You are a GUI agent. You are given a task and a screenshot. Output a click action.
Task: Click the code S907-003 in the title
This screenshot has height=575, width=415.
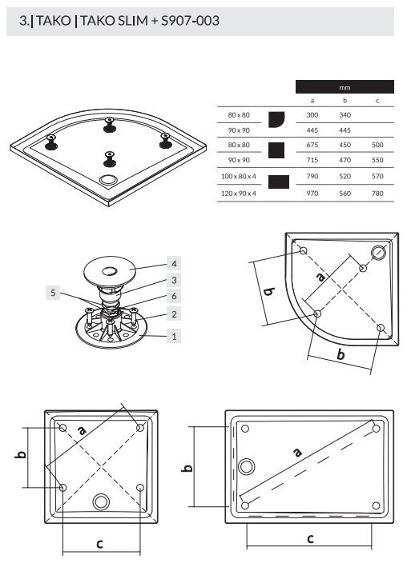click(x=190, y=21)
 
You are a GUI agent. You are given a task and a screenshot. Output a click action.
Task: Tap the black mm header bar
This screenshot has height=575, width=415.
click(x=344, y=87)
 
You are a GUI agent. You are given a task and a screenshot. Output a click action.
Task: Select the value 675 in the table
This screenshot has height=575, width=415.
click(x=312, y=145)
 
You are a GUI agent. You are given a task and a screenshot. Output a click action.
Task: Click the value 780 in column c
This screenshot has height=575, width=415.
click(x=377, y=194)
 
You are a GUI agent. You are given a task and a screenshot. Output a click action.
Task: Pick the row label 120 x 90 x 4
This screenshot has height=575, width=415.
click(x=239, y=194)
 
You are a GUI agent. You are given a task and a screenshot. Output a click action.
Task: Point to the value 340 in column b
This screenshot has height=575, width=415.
click(x=344, y=115)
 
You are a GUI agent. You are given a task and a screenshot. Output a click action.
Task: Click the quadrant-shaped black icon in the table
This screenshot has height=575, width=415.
click(x=276, y=119)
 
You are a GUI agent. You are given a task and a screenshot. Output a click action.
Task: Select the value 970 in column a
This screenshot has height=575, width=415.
click(x=312, y=194)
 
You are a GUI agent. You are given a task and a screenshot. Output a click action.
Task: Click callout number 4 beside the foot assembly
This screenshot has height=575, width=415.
click(x=174, y=263)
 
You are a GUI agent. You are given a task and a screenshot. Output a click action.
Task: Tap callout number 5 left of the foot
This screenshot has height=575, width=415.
click(x=53, y=293)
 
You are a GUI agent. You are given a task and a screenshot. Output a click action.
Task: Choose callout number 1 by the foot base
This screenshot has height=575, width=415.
click(x=174, y=336)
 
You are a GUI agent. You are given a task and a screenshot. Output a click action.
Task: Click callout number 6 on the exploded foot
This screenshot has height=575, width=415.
click(x=174, y=296)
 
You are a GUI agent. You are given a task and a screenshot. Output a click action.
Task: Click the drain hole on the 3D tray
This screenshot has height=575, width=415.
click(x=107, y=180)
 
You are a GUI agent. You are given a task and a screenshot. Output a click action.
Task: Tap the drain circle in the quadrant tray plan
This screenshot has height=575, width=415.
click(x=378, y=253)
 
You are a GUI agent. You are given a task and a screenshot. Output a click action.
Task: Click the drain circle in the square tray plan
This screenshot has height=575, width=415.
click(x=101, y=501)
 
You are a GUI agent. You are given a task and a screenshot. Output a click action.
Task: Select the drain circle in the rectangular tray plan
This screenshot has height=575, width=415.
click(x=247, y=467)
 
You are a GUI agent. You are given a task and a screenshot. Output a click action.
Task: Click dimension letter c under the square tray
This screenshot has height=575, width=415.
click(x=99, y=544)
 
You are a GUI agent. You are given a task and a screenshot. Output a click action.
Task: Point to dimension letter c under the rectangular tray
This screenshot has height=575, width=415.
click(x=310, y=539)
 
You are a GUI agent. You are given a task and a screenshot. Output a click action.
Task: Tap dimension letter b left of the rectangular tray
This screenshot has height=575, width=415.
click(x=187, y=468)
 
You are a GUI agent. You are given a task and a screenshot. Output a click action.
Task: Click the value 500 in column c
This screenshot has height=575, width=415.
click(x=377, y=145)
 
